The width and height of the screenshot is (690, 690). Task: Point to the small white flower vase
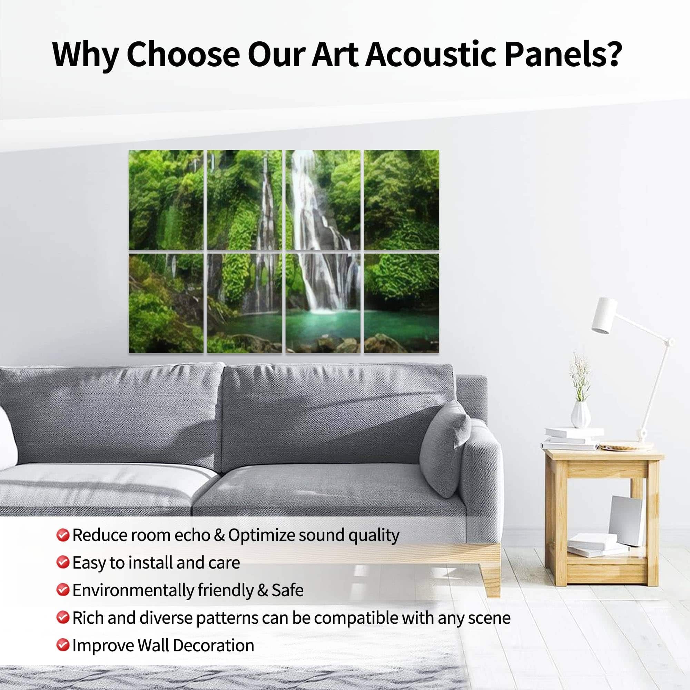tap(580, 414)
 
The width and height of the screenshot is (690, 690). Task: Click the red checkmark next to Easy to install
tap(62, 562)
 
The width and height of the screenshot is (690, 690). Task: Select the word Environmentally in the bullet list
tap(133, 590)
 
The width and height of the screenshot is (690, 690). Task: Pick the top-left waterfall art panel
tap(166, 200)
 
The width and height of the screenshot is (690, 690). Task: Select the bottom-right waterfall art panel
tap(402, 304)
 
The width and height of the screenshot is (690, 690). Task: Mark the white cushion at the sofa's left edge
tap(8, 438)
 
